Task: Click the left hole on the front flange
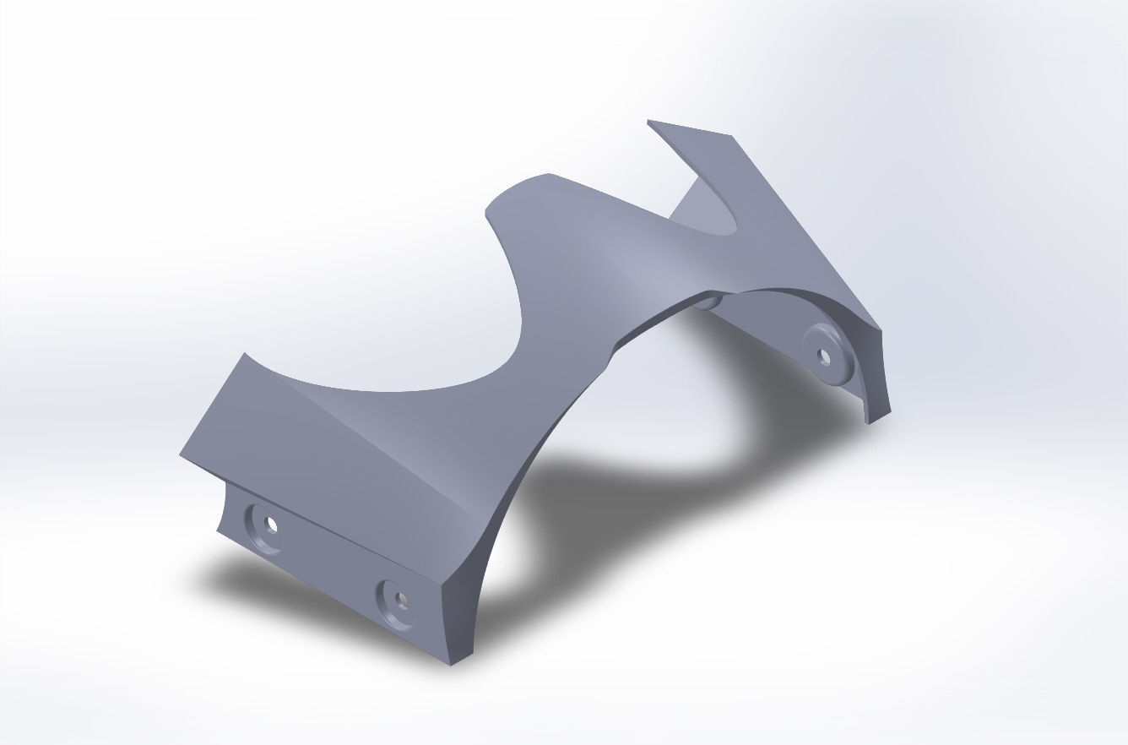(271, 525)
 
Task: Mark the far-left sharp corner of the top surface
(180, 455)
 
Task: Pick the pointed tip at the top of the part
(648, 122)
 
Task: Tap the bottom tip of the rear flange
(868, 421)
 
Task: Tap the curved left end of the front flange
(223, 507)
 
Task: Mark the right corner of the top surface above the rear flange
(881, 329)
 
